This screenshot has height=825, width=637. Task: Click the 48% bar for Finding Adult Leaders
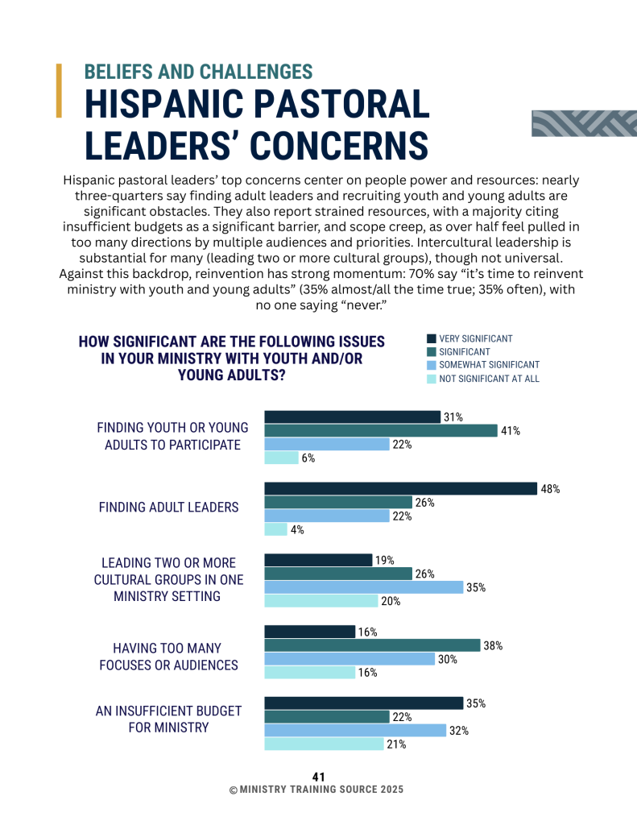400,488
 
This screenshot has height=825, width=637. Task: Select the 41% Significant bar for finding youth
381,430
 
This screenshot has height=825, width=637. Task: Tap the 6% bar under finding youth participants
281,458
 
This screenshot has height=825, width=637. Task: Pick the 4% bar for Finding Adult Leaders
275,529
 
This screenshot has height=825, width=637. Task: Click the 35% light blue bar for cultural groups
364,587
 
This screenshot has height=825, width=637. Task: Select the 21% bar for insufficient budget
324,744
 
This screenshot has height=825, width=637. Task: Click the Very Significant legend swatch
432,339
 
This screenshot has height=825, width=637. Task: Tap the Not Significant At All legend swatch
432,379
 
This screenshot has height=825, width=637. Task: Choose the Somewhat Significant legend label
490,365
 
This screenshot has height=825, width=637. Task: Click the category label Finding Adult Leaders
168,508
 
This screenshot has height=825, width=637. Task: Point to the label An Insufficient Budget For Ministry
168,719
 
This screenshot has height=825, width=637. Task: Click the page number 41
318,777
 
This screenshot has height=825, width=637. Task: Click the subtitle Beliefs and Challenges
198,72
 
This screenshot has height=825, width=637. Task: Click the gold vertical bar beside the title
59,90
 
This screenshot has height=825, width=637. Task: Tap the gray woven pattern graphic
583,122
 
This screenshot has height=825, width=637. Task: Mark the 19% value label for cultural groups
384,561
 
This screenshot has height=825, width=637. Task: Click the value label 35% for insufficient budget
475,703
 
